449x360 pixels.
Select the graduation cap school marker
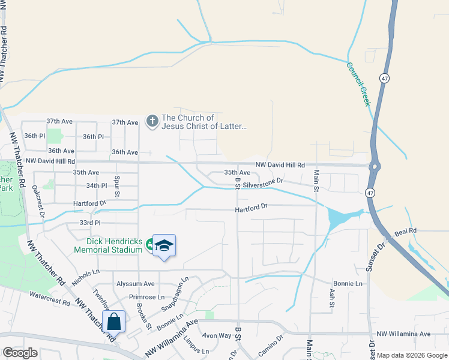point(164,246)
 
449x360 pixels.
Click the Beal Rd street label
point(405,232)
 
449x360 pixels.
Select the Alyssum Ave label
point(136,284)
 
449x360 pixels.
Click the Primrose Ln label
point(146,297)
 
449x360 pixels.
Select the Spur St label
point(118,186)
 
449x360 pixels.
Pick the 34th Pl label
point(96,186)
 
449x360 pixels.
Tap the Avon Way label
point(217,335)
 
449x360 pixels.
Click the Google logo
point(20,353)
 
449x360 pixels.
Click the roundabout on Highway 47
point(375,166)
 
